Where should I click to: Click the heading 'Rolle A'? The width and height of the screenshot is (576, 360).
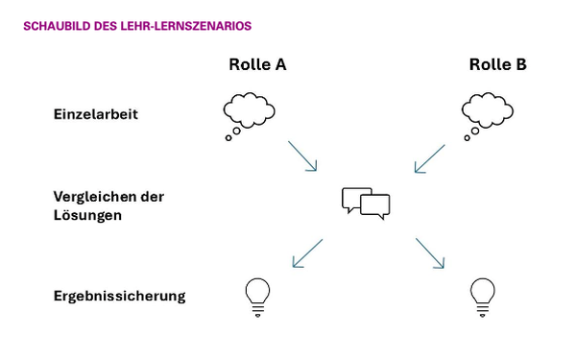click(x=257, y=65)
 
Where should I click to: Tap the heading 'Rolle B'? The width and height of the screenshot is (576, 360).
click(x=497, y=65)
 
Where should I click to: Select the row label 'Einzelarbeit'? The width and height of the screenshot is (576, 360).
click(x=96, y=114)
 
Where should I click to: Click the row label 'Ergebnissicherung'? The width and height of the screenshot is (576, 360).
click(x=119, y=295)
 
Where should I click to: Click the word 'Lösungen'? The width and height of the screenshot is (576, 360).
click(x=87, y=215)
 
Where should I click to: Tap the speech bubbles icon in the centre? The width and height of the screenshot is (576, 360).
click(x=367, y=203)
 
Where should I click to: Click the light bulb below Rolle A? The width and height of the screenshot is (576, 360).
click(x=256, y=296)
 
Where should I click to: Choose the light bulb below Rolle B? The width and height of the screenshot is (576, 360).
click(x=483, y=296)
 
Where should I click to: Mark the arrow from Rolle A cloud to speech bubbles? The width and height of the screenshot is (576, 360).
click(x=301, y=156)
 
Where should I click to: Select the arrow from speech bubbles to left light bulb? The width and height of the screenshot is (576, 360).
click(x=306, y=252)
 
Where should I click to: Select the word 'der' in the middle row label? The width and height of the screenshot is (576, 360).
click(x=152, y=196)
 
